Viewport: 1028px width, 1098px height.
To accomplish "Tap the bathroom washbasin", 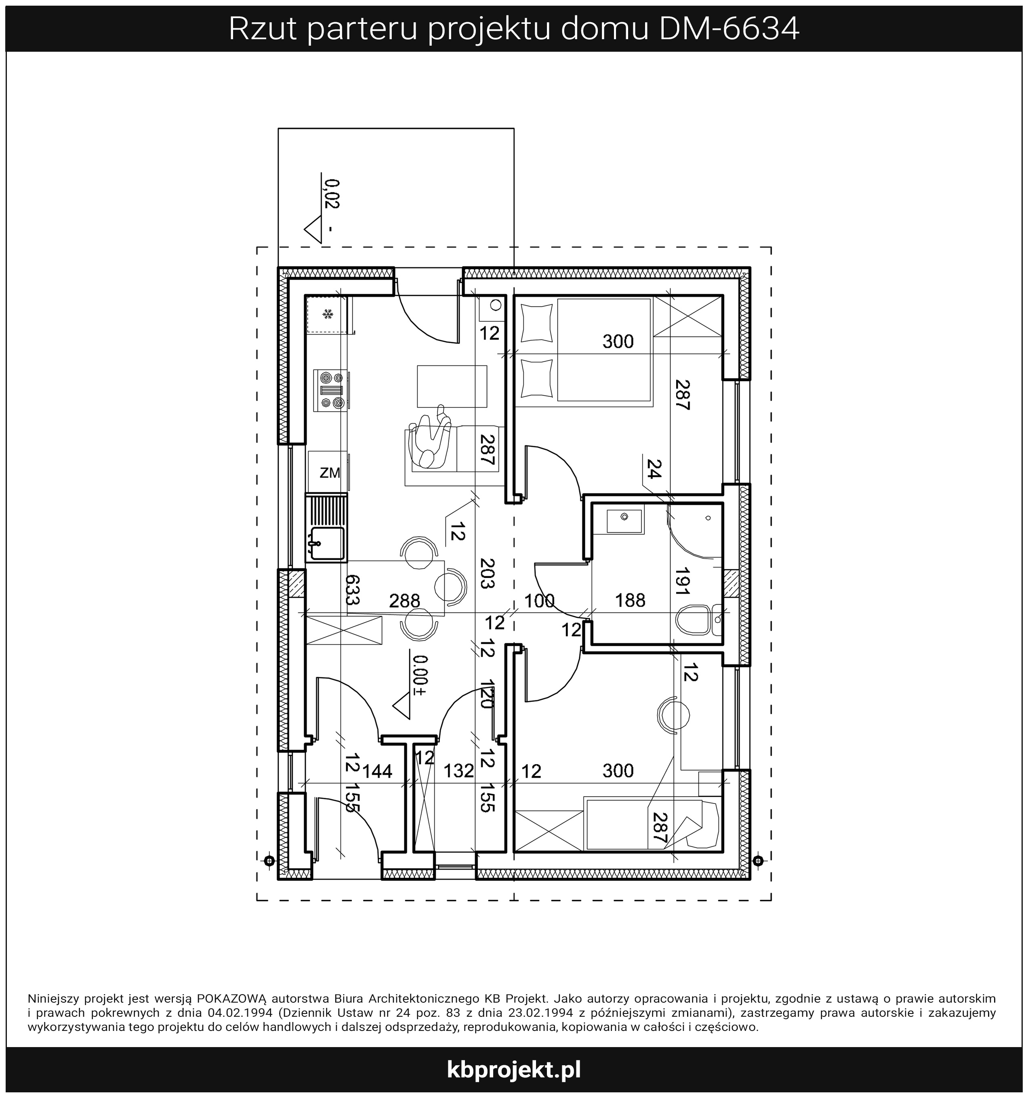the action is pos(625,521).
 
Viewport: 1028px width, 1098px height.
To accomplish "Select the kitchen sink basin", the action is pos(327,544).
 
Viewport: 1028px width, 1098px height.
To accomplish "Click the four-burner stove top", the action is pos(331,390).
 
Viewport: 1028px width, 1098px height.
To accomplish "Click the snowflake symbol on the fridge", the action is pos(328,314).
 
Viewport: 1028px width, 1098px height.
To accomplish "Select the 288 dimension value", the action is pos(405,601).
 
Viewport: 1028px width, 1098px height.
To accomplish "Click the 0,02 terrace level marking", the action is pos(332,193).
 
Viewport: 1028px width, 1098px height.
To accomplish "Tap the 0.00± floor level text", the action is pos(420,675).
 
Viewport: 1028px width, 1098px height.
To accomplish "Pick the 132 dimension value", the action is pos(459,771).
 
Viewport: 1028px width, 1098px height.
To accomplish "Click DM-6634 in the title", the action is pos(729,29).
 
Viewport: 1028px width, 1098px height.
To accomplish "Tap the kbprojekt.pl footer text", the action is pos(514,1070).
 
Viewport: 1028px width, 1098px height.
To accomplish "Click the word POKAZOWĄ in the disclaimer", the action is pos(231,999).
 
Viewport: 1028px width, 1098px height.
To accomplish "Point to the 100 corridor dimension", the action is pos(539,601).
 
